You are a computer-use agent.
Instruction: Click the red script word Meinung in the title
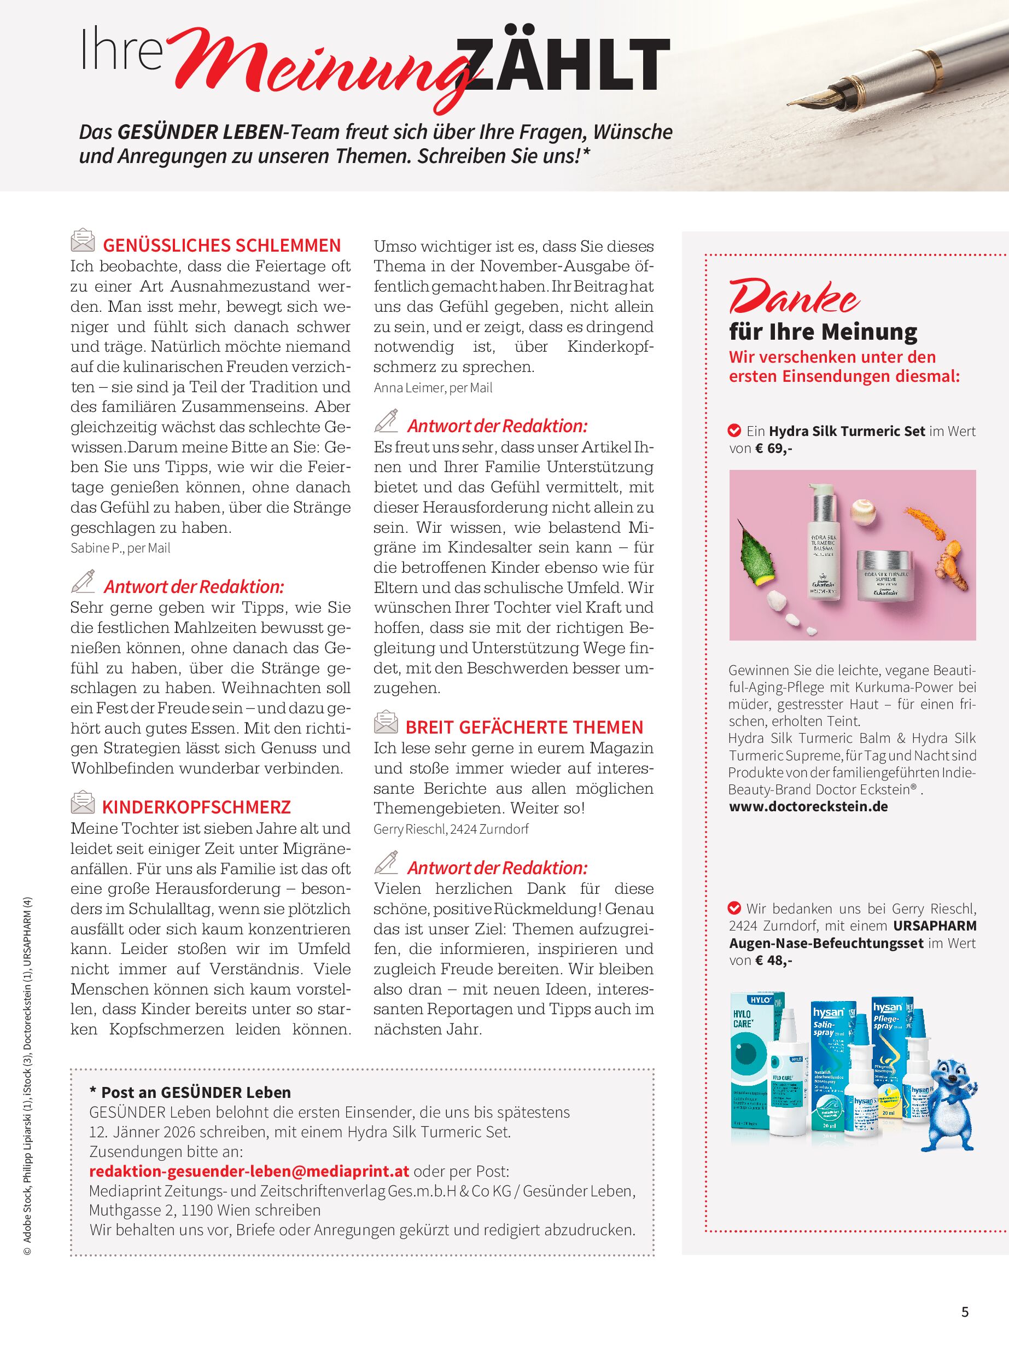point(318,70)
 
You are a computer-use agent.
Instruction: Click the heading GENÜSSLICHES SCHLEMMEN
point(221,246)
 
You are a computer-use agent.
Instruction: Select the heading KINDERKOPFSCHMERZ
point(196,807)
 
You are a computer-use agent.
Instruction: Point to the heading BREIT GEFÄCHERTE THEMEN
point(524,727)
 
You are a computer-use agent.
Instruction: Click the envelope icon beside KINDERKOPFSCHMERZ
point(83,802)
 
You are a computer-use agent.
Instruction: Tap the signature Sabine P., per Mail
point(120,548)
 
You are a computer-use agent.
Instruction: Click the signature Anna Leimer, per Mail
point(433,388)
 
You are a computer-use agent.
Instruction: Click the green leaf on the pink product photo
point(757,553)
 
